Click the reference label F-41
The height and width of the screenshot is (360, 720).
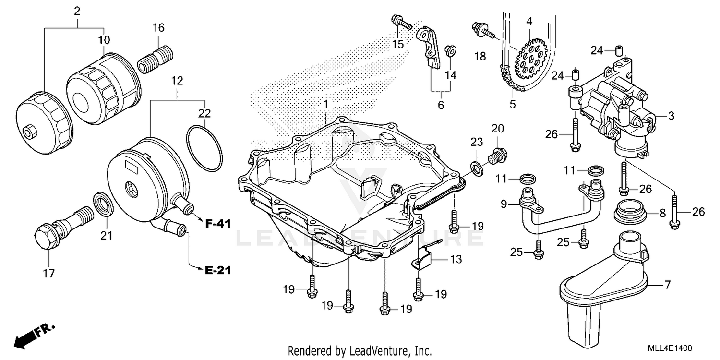(x=218, y=223)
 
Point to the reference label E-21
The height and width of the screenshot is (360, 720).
(x=217, y=270)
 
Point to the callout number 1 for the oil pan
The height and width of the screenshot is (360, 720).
(x=325, y=104)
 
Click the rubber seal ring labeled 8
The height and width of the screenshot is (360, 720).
(x=630, y=212)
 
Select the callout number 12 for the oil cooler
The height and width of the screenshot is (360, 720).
(x=177, y=81)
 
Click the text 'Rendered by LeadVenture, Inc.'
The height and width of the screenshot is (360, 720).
(x=360, y=350)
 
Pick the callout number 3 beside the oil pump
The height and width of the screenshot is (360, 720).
(x=671, y=116)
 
